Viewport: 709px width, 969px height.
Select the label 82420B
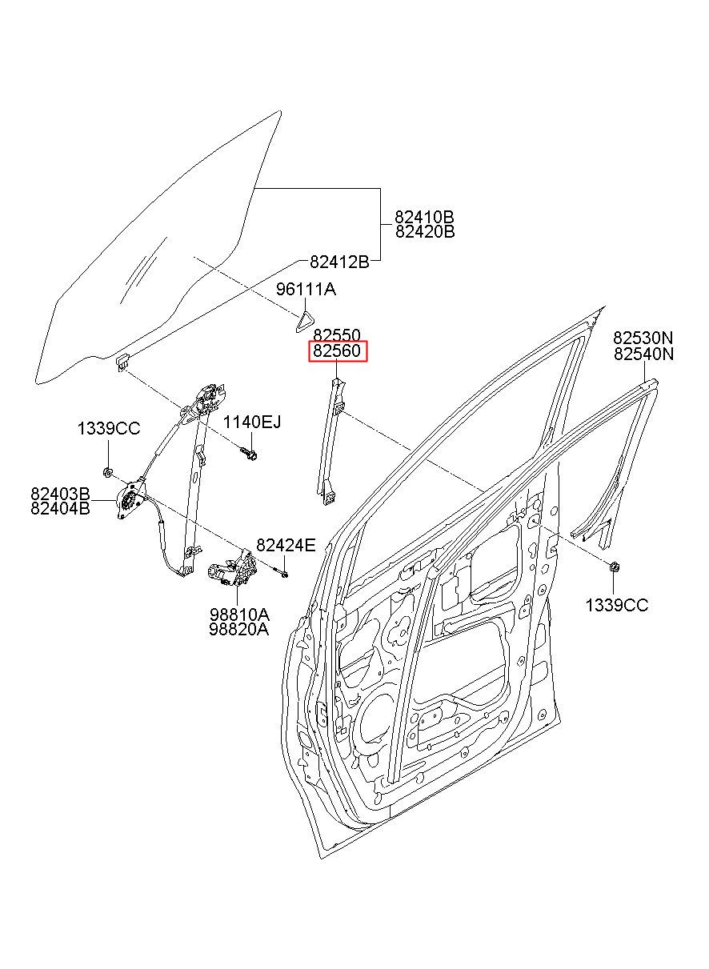click(x=424, y=232)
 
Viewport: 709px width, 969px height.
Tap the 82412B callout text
click(x=338, y=262)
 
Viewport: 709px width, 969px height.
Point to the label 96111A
click(x=306, y=289)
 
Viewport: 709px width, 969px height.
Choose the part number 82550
click(x=337, y=335)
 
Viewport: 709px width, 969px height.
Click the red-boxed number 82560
click(x=337, y=351)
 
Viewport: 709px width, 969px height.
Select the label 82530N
click(x=643, y=338)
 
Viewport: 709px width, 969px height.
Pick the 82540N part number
click(x=643, y=354)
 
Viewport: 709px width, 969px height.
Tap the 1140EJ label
click(x=251, y=422)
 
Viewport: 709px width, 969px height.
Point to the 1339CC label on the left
click(x=108, y=429)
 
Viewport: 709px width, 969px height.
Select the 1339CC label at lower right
click(x=616, y=606)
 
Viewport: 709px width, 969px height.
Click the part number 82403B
click(x=60, y=493)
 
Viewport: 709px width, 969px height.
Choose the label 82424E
click(x=286, y=546)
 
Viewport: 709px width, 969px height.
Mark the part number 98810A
click(x=239, y=615)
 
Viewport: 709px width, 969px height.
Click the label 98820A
click(x=239, y=629)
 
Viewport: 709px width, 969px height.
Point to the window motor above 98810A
click(x=233, y=571)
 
